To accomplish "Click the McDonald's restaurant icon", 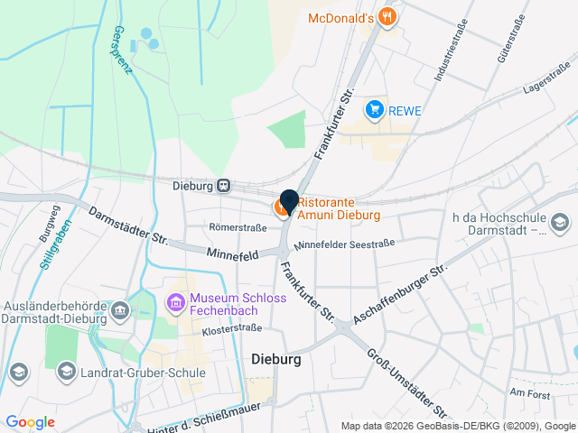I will tap(387, 16).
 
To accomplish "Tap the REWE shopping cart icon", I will tap(374, 110).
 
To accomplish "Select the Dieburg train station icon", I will tap(223, 186).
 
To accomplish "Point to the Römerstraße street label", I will tap(238, 227).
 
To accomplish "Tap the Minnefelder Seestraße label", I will tap(344, 244).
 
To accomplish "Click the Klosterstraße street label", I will tap(231, 328).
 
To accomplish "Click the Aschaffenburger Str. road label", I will tap(401, 294).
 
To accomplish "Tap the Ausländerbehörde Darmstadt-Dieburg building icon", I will tap(119, 311).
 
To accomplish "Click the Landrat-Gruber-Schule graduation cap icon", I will tap(66, 371).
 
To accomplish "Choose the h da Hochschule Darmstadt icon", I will tap(559, 222).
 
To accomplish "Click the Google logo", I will tap(30, 421).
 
